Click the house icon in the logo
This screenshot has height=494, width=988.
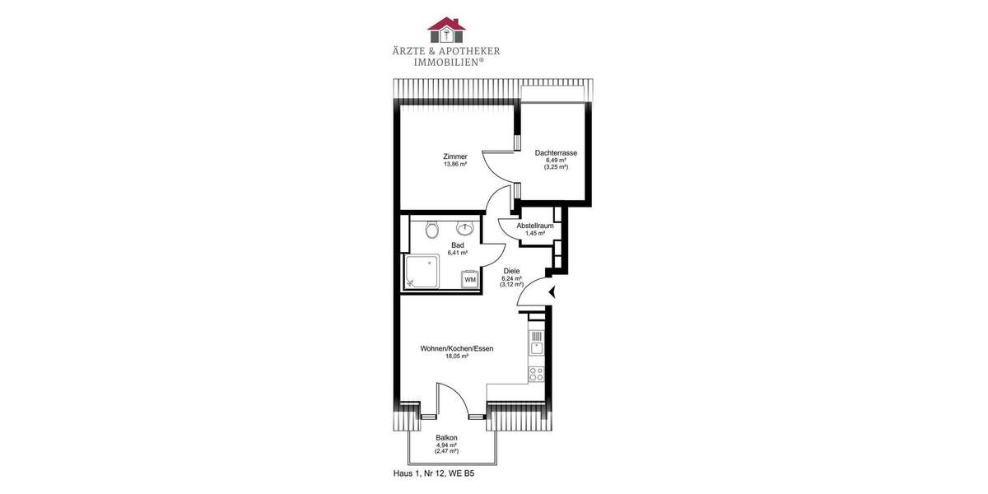click(446, 29)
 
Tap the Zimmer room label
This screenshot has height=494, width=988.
click(454, 156)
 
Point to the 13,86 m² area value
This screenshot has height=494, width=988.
click(454, 165)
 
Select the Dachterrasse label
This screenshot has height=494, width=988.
click(556, 153)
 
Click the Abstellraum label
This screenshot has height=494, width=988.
click(535, 226)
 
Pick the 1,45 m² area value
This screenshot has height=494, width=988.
click(535, 233)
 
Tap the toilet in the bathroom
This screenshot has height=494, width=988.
click(432, 230)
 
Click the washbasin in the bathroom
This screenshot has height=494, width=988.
click(467, 229)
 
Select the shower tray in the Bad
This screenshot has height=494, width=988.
click(422, 271)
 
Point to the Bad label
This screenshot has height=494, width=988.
click(458, 245)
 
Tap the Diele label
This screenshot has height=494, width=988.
click(511, 271)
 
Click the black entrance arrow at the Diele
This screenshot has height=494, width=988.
click(552, 290)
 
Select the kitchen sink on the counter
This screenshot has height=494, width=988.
click(536, 343)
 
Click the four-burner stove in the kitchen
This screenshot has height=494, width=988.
click(536, 373)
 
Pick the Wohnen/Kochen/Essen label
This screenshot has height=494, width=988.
click(457, 349)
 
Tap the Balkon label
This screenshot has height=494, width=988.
click(447, 438)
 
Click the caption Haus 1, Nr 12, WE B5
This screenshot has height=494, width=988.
click(434, 474)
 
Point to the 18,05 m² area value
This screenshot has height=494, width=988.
click(457, 357)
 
